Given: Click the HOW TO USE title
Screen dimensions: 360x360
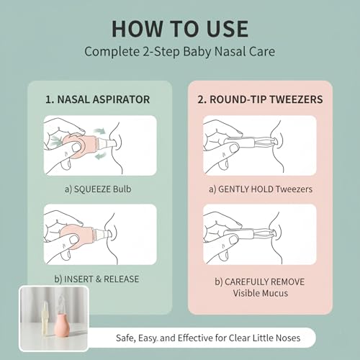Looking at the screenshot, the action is click(x=180, y=29).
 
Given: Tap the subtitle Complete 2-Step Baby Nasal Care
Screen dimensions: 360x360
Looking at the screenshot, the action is click(x=180, y=52).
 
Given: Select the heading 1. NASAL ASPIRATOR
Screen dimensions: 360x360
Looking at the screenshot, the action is click(x=97, y=99).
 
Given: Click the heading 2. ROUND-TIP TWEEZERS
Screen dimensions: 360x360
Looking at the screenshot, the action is click(x=260, y=99).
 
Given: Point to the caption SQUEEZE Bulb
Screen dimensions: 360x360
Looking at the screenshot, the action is click(x=102, y=189).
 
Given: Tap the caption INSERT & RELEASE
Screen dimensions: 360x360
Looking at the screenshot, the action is click(x=102, y=279).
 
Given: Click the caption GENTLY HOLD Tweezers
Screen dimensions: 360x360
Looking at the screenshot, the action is click(x=265, y=189).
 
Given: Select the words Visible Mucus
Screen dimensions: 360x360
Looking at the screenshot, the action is click(x=261, y=293).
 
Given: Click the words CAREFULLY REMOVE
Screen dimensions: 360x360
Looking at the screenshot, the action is click(x=264, y=282).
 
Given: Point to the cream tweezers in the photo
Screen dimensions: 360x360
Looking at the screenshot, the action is click(x=45, y=318).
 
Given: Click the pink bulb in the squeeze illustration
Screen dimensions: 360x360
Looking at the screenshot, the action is click(x=81, y=146).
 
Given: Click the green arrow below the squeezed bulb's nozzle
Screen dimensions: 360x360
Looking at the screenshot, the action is click(x=100, y=156).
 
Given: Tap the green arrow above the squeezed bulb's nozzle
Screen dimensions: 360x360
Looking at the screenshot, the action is click(x=99, y=131).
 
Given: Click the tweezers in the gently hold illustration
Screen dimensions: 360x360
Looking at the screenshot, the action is click(x=250, y=143).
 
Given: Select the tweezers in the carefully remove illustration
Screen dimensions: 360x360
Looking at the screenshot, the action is click(x=249, y=233).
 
